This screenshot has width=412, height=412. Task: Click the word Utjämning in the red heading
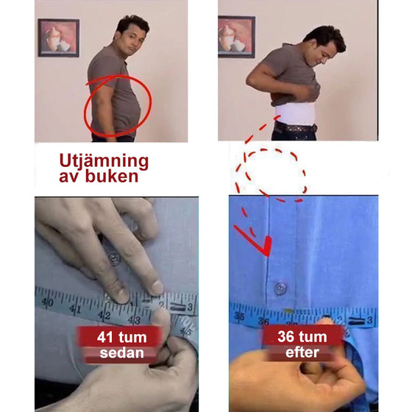point(104,161)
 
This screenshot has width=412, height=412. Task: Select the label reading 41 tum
point(121,337)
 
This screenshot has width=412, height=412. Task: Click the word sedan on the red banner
point(121,353)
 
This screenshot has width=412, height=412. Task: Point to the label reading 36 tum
point(302,337)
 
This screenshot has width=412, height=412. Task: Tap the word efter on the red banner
point(302,352)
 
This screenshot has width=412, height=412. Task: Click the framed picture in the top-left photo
point(58,38)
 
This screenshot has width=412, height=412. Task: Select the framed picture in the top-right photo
point(236,37)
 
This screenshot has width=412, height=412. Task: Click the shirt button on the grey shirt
point(114,260)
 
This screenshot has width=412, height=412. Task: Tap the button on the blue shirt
point(280,288)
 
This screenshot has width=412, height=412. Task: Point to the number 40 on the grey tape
point(48,302)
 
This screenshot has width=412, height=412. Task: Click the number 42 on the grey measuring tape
point(104,315)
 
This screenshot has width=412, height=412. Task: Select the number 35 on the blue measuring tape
point(239,316)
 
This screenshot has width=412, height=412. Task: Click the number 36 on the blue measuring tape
point(263,321)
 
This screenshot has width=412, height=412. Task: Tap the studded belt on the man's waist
point(295,128)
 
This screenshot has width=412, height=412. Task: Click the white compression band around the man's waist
point(295,113)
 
